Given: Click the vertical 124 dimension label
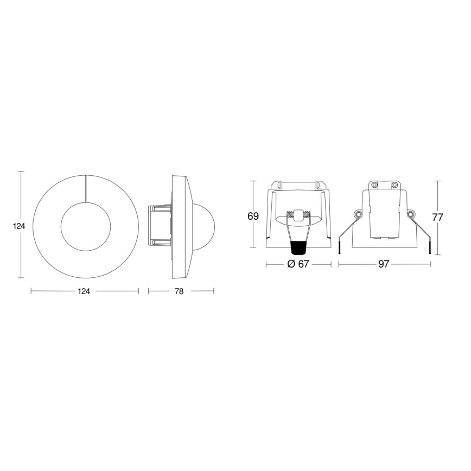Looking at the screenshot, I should (20, 226).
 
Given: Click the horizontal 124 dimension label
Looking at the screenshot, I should (84, 291).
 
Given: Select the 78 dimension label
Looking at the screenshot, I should (180, 291).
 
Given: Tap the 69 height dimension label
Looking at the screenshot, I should (253, 216).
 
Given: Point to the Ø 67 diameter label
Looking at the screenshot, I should (297, 264).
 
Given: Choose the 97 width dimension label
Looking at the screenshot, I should (384, 264).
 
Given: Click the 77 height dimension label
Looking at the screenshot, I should (438, 217).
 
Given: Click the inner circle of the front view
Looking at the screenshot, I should (86, 226).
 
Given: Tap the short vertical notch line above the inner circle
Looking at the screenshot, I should (86, 188).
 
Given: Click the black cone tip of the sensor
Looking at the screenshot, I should (297, 249).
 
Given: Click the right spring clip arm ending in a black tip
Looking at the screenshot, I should (425, 236).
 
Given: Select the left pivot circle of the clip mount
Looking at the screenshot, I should (359, 215).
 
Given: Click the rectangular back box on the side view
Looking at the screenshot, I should (160, 226).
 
